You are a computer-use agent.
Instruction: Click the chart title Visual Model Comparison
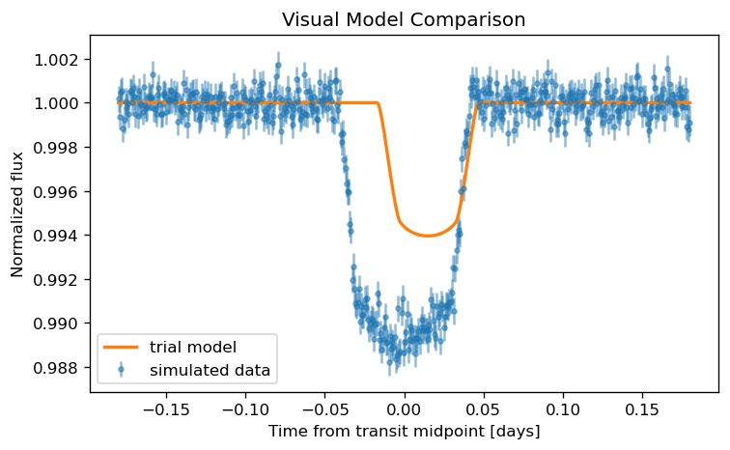pyautogui.click(x=404, y=19)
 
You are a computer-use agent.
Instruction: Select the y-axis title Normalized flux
pyautogui.click(x=16, y=214)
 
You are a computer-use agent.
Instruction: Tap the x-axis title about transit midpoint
pyautogui.click(x=404, y=431)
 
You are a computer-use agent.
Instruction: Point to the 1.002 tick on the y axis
pyautogui.click(x=56, y=60)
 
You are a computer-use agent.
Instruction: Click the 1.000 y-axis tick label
pyautogui.click(x=56, y=103)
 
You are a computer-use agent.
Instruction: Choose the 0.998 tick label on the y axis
pyautogui.click(x=56, y=148)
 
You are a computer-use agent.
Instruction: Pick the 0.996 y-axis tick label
pyautogui.click(x=56, y=192)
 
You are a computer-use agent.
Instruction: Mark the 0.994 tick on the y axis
pyautogui.click(x=56, y=236)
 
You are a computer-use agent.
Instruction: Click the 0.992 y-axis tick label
pyautogui.click(x=56, y=280)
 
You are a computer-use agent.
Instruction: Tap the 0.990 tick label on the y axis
pyautogui.click(x=56, y=323)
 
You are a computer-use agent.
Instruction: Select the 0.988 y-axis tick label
pyautogui.click(x=56, y=368)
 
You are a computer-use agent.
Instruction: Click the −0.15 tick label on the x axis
pyautogui.click(x=166, y=409)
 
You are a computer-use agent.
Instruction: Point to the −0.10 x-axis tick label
pyautogui.click(x=246, y=409)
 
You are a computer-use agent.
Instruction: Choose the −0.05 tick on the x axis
pyautogui.click(x=325, y=409)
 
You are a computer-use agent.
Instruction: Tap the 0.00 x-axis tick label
pyautogui.click(x=405, y=409)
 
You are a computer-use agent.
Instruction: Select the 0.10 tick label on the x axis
pyautogui.click(x=563, y=409)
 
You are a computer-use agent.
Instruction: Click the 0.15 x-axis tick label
pyautogui.click(x=643, y=409)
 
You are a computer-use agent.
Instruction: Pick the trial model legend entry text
pyautogui.click(x=193, y=347)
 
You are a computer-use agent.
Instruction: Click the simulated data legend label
pyautogui.click(x=210, y=371)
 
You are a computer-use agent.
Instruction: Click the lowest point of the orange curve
pyautogui.click(x=429, y=236)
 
